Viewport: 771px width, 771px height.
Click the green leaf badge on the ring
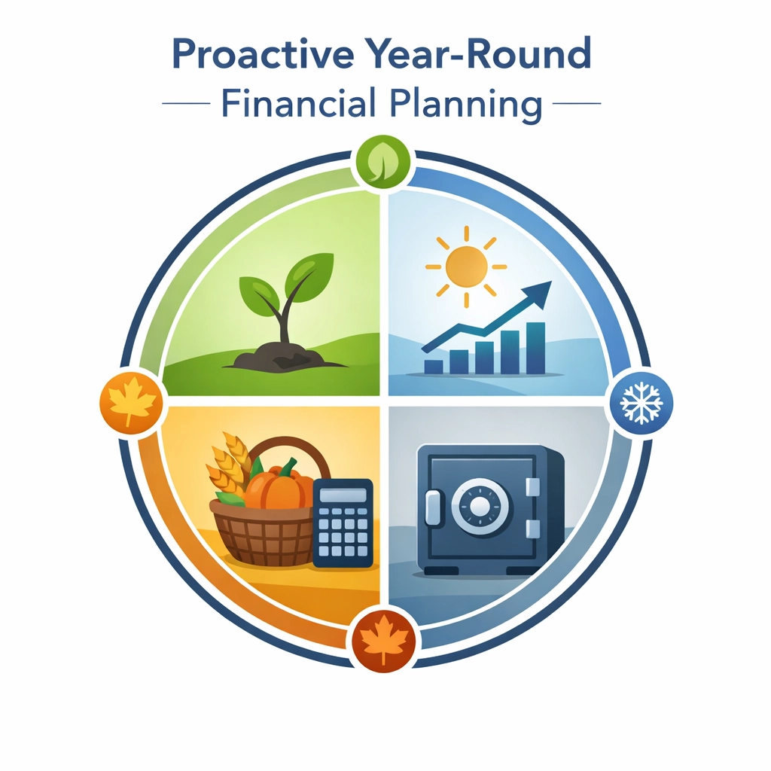[383, 161]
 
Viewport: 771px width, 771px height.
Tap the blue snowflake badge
[640, 403]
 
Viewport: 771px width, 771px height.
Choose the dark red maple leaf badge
[383, 639]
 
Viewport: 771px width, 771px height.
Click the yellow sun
[466, 266]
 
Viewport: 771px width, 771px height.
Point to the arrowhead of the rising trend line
[541, 291]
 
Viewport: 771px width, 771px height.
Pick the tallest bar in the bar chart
[535, 348]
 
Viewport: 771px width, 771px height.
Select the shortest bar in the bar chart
[434, 367]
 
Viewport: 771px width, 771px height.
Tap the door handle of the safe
[432, 507]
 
